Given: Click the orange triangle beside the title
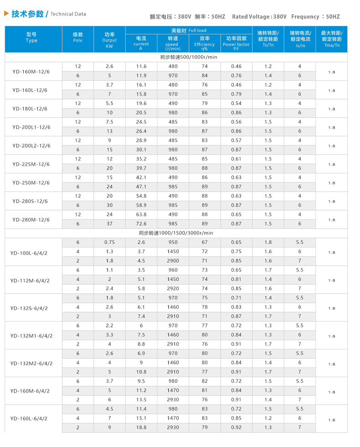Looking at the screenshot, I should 6,14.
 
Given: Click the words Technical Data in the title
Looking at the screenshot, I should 68,14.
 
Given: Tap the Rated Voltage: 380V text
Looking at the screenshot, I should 259,17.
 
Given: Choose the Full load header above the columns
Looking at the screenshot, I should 189,30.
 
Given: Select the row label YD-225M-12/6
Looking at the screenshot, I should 31,164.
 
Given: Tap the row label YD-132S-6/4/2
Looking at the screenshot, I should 31,308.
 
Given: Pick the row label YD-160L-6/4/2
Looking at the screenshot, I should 31,418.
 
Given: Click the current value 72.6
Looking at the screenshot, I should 141,223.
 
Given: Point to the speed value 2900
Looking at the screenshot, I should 173,261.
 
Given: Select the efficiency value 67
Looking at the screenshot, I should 205,242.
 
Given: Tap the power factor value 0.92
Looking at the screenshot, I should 236,427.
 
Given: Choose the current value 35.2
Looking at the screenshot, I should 141,159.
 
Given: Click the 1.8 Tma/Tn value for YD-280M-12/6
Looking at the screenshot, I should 332,219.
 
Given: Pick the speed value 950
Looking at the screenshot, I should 173,242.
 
